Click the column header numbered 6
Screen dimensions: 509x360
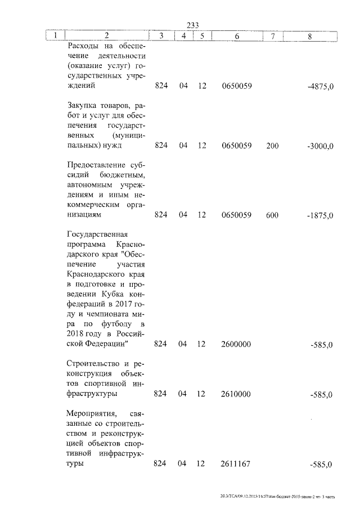[236, 36]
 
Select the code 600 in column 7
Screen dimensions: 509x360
[272, 215]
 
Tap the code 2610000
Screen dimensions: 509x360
[236, 394]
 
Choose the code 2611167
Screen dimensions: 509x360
[236, 464]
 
